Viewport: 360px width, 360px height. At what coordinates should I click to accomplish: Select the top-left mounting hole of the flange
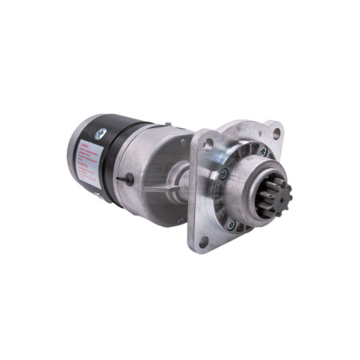coord(209,144)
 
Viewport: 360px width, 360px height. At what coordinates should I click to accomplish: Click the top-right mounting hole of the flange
coord(276,132)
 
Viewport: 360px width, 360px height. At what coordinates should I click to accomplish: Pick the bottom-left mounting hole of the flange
coord(203,239)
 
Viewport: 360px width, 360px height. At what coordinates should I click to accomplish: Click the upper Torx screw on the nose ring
coord(263,151)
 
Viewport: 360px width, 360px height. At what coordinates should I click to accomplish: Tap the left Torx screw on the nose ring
coord(224,174)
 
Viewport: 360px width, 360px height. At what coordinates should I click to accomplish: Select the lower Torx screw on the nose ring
coord(231,225)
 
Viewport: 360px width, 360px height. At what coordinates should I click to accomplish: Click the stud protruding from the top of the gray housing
coord(166,123)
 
